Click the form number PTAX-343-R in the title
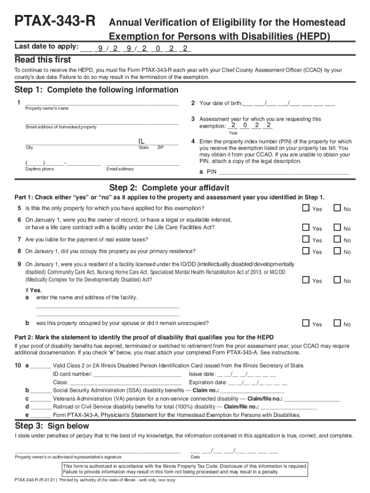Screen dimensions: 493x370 point(55,22)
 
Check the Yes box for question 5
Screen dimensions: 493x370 point(305,208)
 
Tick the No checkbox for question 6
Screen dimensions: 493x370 point(337,228)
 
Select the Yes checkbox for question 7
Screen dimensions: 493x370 point(305,239)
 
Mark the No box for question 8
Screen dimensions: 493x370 point(337,251)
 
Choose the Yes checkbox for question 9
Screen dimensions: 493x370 point(305,280)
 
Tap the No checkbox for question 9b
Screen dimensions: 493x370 point(337,324)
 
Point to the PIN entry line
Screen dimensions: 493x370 point(283,171)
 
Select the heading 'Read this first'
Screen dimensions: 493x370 point(43,60)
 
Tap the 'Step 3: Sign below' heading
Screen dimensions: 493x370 point(52,426)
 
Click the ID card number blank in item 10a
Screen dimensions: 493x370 point(137,374)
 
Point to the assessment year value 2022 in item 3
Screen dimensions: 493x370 point(250,126)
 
